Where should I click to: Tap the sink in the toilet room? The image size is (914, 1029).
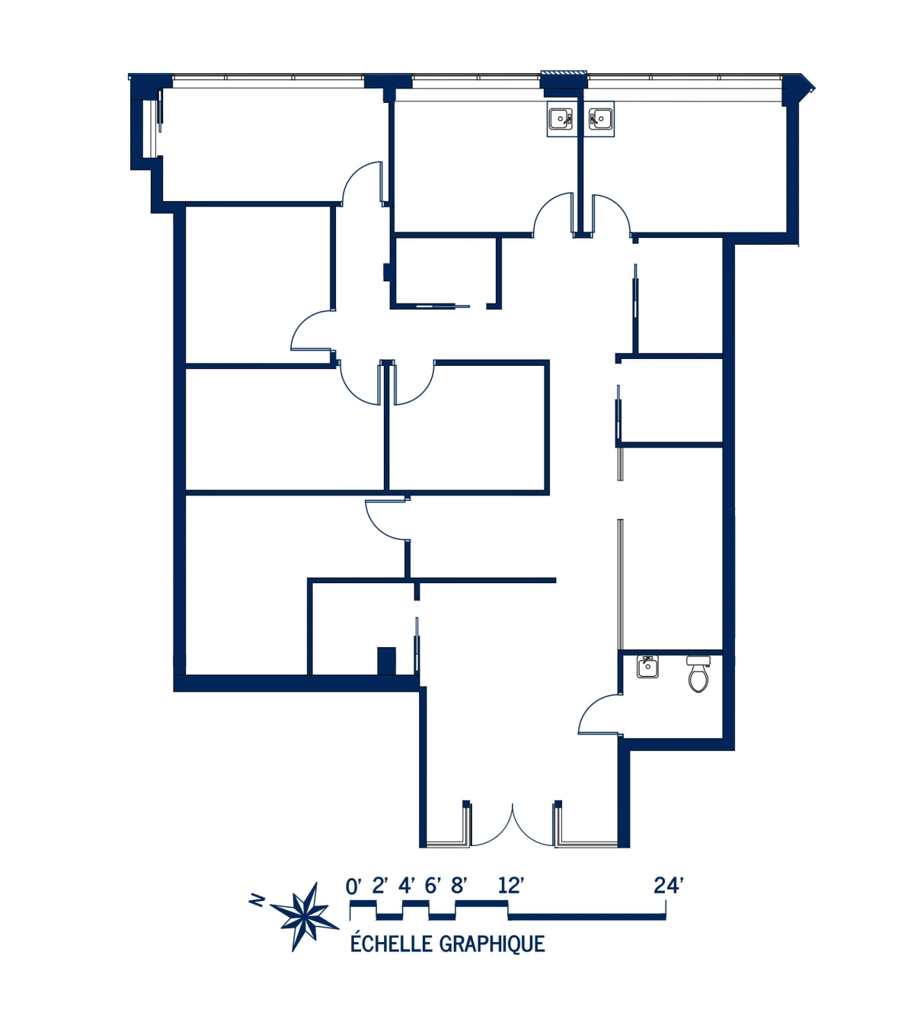pyautogui.click(x=647, y=667)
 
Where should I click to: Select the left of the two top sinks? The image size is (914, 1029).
pyautogui.click(x=561, y=118)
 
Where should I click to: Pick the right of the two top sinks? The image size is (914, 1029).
pyautogui.click(x=601, y=118)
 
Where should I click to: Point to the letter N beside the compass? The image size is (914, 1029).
pyautogui.click(x=257, y=902)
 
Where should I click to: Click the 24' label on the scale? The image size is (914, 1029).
pyautogui.click(x=668, y=886)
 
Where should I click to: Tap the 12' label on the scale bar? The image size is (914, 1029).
pyautogui.click(x=511, y=886)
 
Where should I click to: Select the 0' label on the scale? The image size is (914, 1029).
pyautogui.click(x=353, y=886)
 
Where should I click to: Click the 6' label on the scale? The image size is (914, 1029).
pyautogui.click(x=433, y=886)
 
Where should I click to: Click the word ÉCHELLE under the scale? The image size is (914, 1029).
pyautogui.click(x=391, y=944)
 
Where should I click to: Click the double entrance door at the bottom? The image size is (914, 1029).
pyautogui.click(x=513, y=827)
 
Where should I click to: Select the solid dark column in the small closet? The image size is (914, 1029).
pyautogui.click(x=387, y=660)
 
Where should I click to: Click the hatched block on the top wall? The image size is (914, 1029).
pyautogui.click(x=564, y=74)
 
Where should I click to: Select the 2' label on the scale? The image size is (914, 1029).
pyautogui.click(x=380, y=886)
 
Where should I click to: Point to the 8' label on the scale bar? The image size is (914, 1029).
pyautogui.click(x=459, y=886)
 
